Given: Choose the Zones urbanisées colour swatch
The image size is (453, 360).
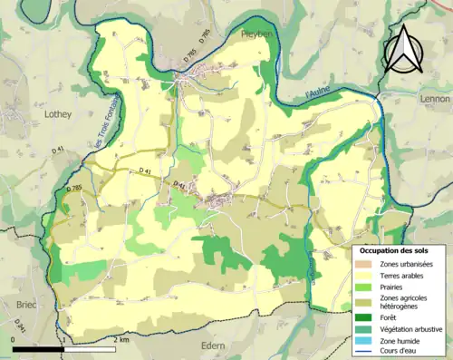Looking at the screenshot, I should [366, 263].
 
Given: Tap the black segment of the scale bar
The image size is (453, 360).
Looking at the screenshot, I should [38, 348].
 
